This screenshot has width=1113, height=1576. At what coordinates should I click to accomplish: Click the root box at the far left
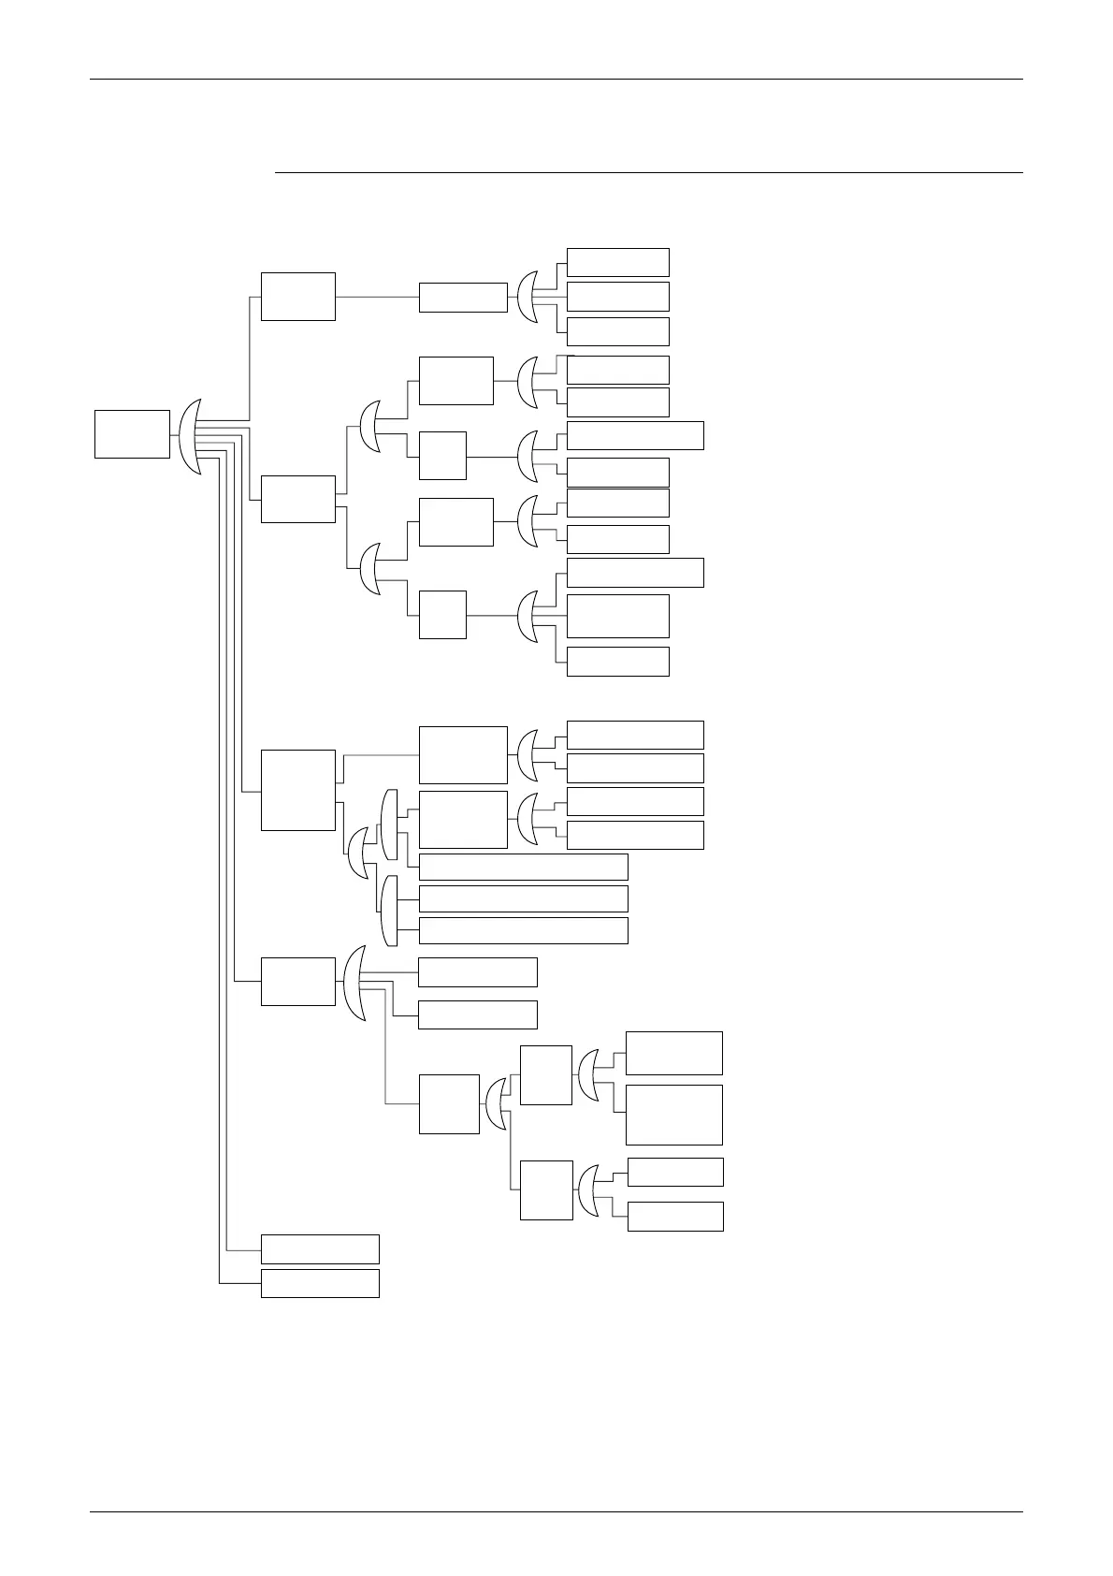(132, 434)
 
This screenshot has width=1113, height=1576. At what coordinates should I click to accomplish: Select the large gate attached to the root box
(191, 436)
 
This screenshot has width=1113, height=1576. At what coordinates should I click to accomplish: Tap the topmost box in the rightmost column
(617, 262)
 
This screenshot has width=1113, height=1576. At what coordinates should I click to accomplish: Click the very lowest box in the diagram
(320, 1283)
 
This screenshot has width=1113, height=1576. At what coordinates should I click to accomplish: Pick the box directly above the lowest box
(320, 1248)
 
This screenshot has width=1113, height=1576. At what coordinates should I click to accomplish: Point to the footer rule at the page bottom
(556, 1511)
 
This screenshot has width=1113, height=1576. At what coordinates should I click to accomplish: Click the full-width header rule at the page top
(556, 80)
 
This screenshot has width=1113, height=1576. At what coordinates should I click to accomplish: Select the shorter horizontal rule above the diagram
(649, 172)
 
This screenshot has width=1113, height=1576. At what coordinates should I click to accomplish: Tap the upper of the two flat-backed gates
(390, 824)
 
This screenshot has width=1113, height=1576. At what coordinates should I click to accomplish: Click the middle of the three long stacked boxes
(523, 898)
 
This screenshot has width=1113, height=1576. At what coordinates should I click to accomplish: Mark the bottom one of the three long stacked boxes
(523, 930)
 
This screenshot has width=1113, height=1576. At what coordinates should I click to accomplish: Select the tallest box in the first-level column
(297, 790)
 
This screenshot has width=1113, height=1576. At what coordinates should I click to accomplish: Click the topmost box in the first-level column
(297, 297)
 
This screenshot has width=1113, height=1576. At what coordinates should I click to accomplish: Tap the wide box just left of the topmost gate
(463, 297)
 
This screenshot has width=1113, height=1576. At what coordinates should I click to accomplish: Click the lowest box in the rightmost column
(675, 1216)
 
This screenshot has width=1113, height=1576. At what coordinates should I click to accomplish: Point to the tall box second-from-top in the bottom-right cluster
(673, 1115)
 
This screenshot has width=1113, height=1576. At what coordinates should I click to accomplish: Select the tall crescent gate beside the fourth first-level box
(354, 983)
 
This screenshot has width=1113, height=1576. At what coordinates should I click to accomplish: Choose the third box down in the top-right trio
(617, 331)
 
